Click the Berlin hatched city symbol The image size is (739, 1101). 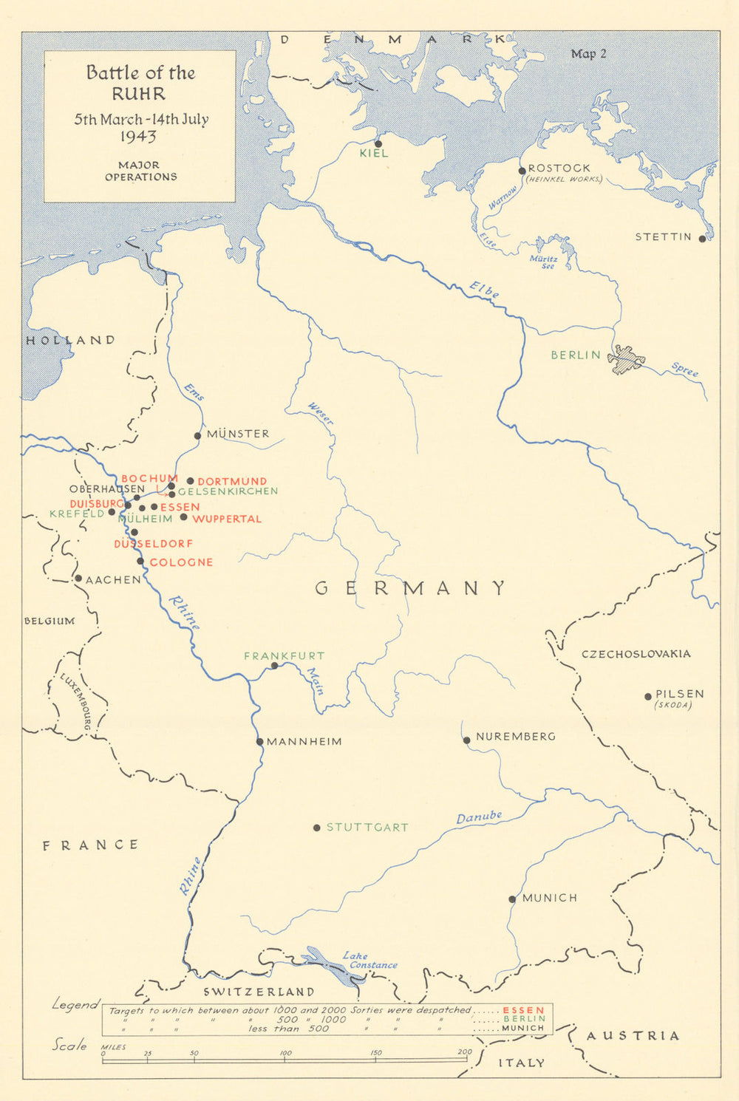(x=626, y=359)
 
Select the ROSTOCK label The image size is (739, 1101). (x=559, y=168)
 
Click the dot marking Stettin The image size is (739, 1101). (x=702, y=239)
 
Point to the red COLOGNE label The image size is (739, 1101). (x=181, y=562)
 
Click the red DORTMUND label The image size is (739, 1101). (x=232, y=481)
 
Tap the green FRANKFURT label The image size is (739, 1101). (x=284, y=655)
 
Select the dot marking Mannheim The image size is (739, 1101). (x=260, y=742)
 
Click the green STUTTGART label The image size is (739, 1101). (x=367, y=828)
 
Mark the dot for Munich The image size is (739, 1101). (x=512, y=899)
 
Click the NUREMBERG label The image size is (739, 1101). (x=515, y=737)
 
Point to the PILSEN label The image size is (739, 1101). (x=679, y=694)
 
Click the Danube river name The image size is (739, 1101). (x=478, y=817)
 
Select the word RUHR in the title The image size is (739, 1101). (x=139, y=95)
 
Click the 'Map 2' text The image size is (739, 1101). (x=588, y=54)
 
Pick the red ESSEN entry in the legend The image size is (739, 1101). (x=523, y=1010)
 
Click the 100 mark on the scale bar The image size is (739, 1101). (x=285, y=1053)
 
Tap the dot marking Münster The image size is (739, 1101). (x=197, y=436)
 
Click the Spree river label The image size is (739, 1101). (x=684, y=370)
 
